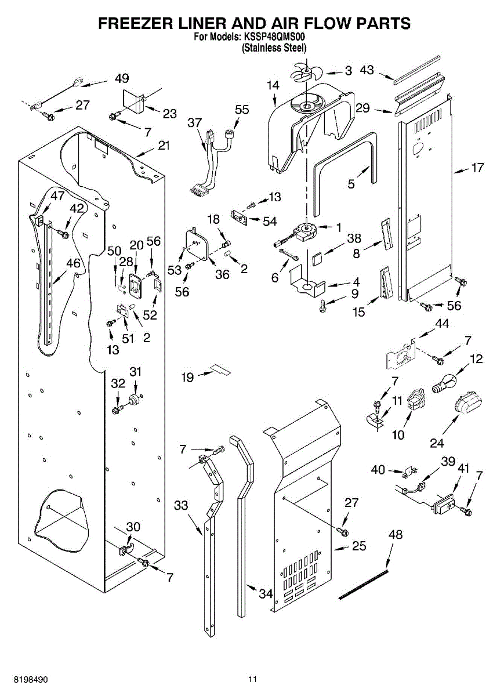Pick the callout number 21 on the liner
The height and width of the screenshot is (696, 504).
[x=164, y=146]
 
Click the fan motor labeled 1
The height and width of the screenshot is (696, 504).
[x=306, y=231]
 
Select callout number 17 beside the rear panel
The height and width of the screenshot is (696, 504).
[x=477, y=168]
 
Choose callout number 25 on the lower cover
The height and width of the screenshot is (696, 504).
[x=359, y=546]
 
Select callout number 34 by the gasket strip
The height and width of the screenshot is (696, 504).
[x=265, y=594]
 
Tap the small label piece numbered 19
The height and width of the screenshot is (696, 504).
[x=220, y=369]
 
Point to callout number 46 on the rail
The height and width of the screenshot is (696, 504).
[x=73, y=263]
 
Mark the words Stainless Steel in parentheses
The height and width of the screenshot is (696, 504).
[x=274, y=48]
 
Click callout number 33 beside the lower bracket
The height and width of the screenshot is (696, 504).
[x=181, y=505]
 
